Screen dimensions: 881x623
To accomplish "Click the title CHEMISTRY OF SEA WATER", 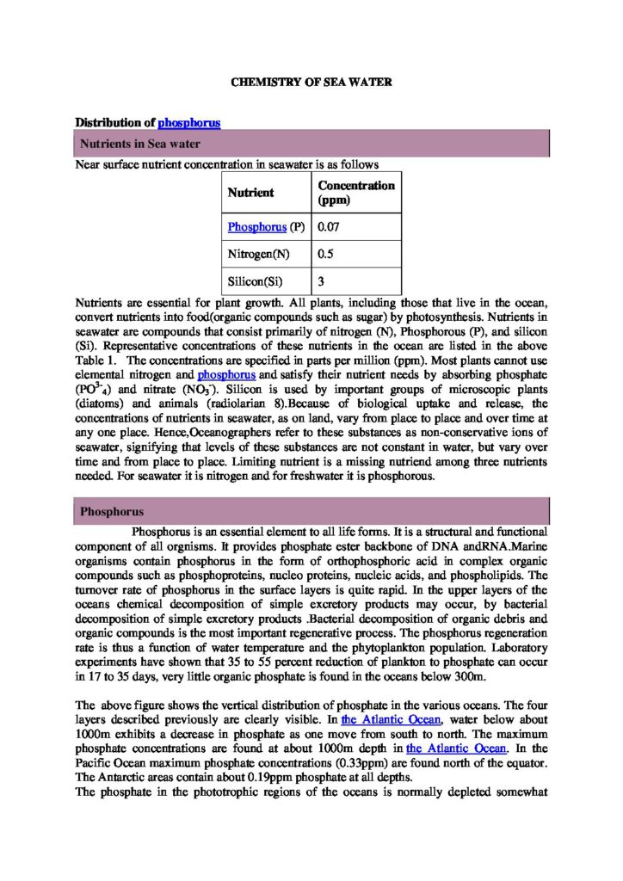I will click(311, 83).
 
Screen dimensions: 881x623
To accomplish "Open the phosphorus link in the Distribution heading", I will click(189, 122).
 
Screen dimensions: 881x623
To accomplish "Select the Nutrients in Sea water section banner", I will click(311, 143).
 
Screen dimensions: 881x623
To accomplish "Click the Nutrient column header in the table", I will click(250, 193).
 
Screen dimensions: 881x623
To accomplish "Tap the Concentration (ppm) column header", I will click(356, 193).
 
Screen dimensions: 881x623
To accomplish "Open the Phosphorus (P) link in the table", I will click(256, 227).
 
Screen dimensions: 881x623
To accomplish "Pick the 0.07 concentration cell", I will click(329, 227).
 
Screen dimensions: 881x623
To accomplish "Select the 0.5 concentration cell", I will click(326, 254).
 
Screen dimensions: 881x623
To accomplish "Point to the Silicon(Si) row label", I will click(256, 280).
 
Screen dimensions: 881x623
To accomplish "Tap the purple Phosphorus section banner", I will click(311, 512).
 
